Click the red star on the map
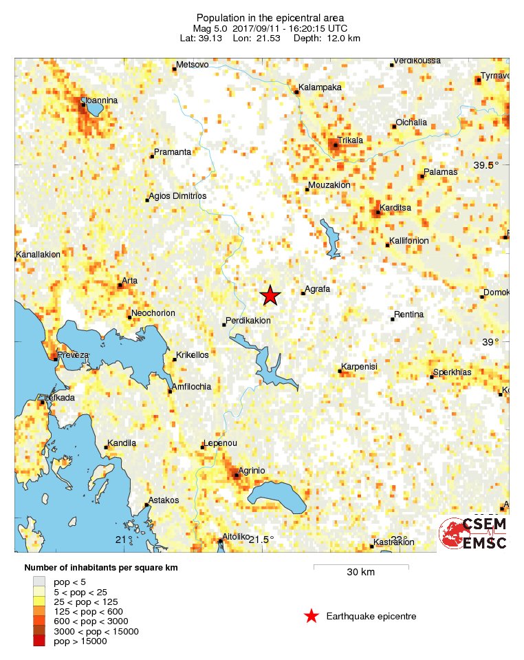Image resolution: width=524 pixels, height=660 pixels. tap(270, 295)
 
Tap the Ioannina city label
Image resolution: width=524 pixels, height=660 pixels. tap(100, 100)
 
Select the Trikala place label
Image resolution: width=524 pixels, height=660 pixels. tap(351, 140)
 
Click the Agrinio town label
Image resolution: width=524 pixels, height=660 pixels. tap(252, 470)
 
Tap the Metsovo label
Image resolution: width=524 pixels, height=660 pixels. tap(192, 65)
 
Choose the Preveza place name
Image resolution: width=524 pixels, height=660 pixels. tap(74, 354)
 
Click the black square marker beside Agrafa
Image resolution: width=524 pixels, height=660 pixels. tap(303, 294)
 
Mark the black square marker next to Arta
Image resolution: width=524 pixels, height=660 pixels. tap(120, 285)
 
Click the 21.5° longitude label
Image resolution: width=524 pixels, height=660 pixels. tap(261, 539)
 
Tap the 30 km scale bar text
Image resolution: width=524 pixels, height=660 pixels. tap(360, 573)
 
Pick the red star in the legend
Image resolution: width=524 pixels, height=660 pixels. tap(312, 616)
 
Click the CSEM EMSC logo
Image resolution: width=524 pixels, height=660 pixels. tap(473, 533)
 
